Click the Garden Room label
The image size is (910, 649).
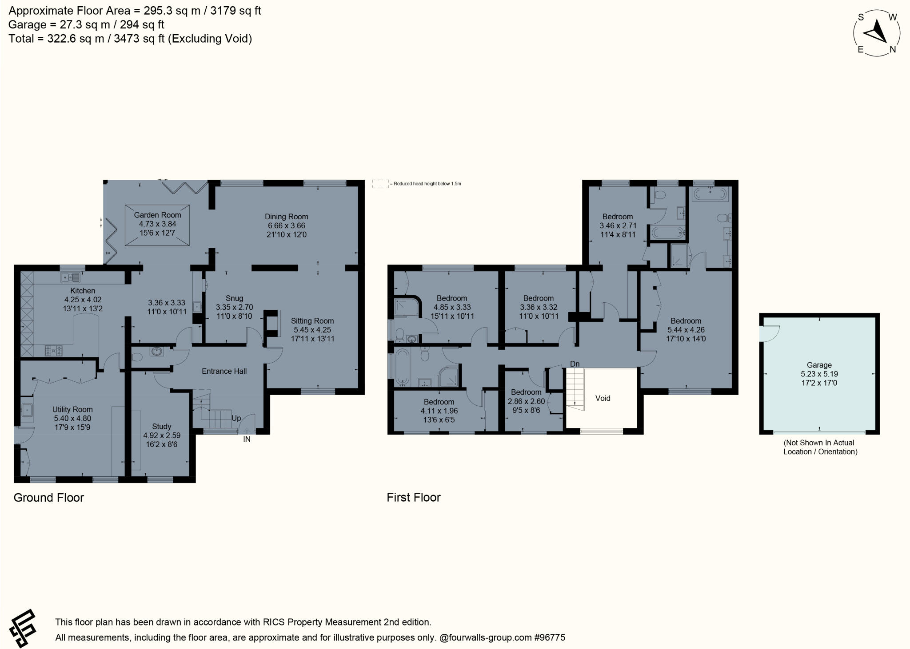[x=157, y=215]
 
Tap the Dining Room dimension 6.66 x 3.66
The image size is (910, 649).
[x=286, y=226]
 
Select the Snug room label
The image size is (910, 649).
[x=234, y=298]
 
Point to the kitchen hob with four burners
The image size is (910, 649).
[x=53, y=351]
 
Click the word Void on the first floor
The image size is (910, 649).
[x=603, y=398]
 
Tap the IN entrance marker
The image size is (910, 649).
[x=247, y=439]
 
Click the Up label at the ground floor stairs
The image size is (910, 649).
[x=236, y=418]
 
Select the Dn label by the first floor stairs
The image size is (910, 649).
[x=575, y=364]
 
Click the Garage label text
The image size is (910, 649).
[x=819, y=365]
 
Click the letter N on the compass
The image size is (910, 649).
[x=892, y=50]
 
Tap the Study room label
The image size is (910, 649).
[x=161, y=426]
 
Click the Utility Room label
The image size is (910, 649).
[x=72, y=409]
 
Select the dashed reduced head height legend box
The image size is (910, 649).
[x=380, y=183]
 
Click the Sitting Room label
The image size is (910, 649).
[x=312, y=321]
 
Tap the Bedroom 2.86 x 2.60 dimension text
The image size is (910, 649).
[x=526, y=401]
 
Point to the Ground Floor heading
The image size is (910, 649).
[x=48, y=498]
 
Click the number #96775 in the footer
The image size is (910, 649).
[x=550, y=638]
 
